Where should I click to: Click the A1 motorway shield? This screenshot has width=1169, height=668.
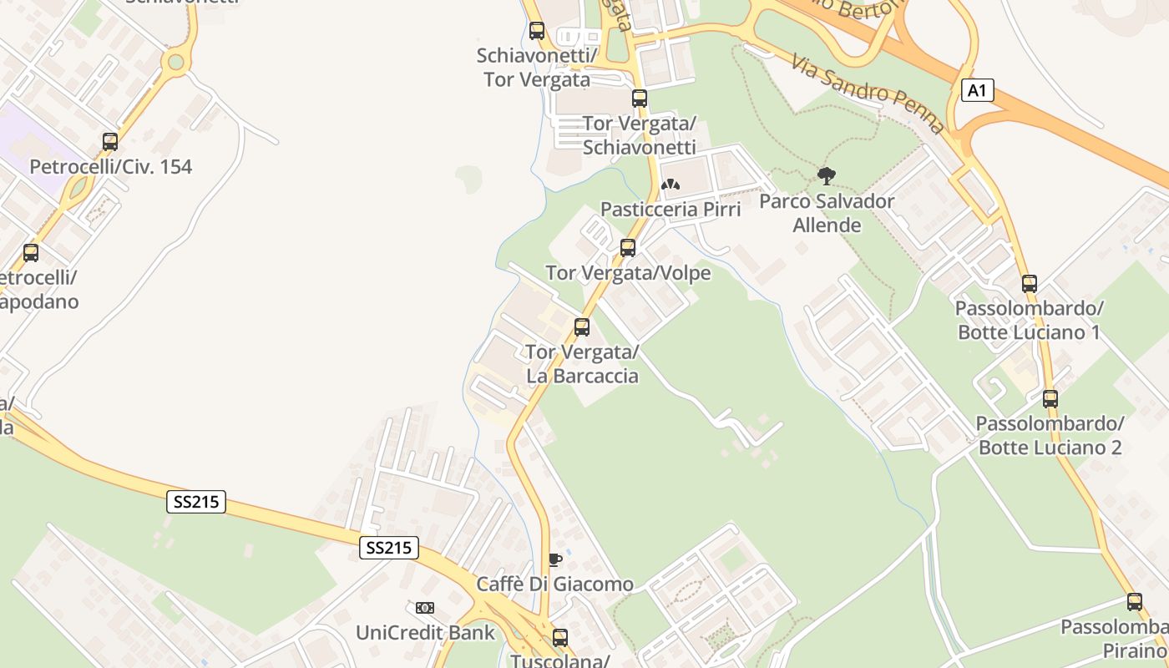coord(977,90)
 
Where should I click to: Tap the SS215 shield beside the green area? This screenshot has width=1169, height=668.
coord(196,502)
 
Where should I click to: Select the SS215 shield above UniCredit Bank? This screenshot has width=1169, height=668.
coord(389,548)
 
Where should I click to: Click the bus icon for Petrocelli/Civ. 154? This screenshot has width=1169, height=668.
coord(110,142)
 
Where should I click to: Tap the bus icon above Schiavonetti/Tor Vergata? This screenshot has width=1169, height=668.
coord(537,31)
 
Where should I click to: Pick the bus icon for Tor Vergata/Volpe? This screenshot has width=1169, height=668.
coord(628,248)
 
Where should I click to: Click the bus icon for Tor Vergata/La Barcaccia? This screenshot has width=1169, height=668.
coord(582,327)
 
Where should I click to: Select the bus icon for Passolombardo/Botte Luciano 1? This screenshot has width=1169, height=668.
coord(1030,284)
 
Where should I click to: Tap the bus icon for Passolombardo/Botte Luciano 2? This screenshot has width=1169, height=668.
coord(1050,398)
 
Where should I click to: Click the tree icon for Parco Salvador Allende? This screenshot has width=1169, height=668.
coord(827,176)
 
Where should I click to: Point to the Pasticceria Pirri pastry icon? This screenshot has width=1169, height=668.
coord(671,185)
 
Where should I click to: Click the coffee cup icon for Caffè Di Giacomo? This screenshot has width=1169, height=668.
coord(554,559)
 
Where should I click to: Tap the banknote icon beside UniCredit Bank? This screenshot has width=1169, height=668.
coord(425,608)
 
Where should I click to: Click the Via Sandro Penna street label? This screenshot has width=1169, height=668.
coord(868,94)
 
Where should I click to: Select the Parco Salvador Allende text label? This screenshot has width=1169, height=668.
coord(827,213)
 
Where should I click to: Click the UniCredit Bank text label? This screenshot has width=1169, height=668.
coord(426,632)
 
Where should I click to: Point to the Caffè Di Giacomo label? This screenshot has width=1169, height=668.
coord(554,584)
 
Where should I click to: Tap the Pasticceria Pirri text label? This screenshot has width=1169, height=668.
coord(671,209)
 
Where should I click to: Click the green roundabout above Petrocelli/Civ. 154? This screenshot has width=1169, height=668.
coord(175,61)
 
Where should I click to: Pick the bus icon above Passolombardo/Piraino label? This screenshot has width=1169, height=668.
coord(1134,601)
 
